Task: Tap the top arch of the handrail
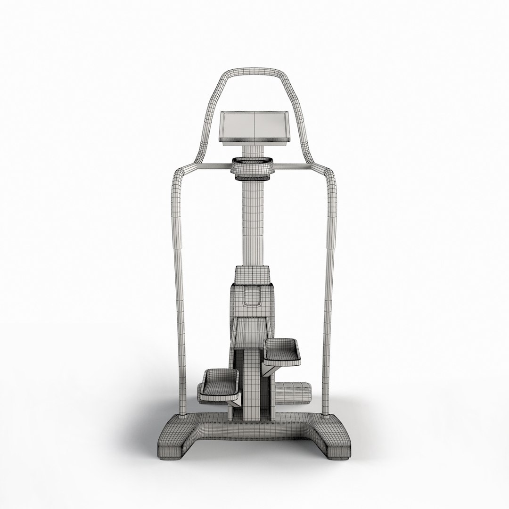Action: click(x=254, y=73)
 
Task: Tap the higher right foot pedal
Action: click(x=282, y=351)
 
